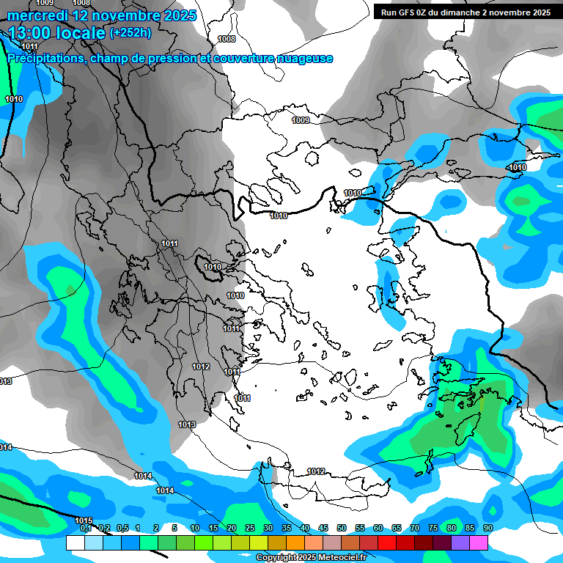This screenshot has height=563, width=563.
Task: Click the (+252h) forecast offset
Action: coord(130,32)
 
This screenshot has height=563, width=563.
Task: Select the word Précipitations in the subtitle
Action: coord(45,59)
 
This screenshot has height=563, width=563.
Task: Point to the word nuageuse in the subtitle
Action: coord(304,59)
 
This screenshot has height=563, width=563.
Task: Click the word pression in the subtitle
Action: coord(170,59)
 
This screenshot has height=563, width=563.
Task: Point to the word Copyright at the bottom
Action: coord(276,558)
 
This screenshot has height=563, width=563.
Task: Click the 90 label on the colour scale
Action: coord(487,529)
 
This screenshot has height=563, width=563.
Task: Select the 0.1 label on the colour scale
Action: coord(85,529)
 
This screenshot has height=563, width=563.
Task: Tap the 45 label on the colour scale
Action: coord(323,529)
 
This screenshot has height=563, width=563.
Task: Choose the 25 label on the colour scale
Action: coord(249,529)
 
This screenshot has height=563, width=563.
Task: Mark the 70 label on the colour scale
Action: coord(414,529)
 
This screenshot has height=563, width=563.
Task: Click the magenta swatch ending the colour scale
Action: coord(479,542)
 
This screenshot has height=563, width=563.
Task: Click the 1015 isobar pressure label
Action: coord(84,520)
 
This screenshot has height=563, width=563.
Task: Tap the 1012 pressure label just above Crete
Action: coord(316,471)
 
